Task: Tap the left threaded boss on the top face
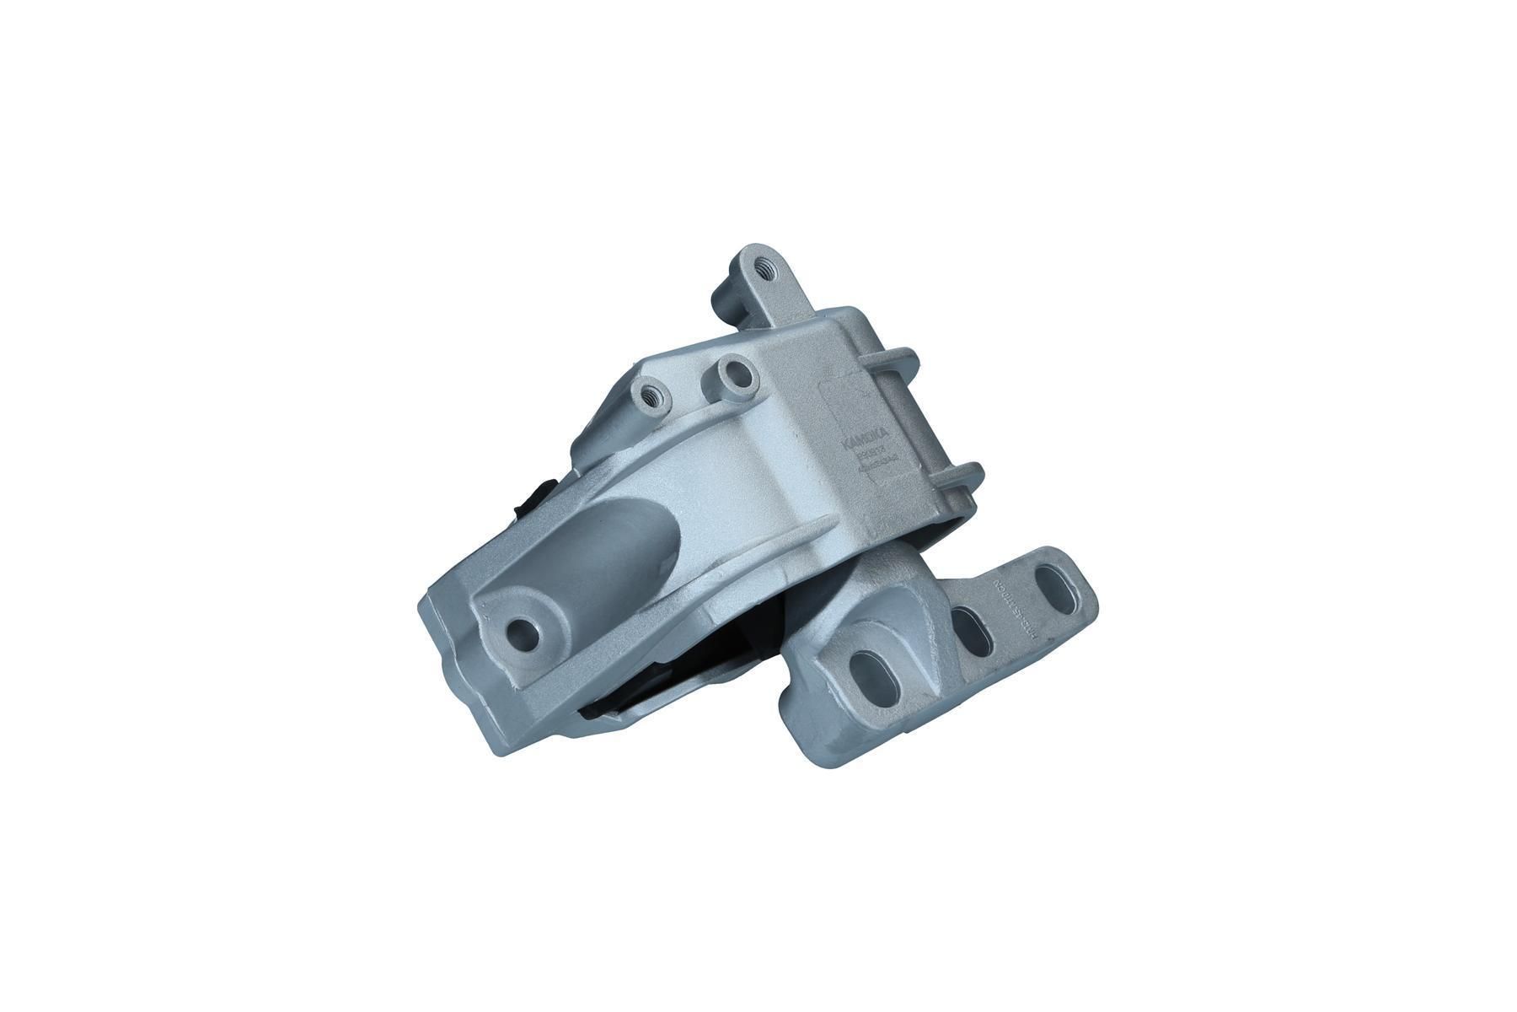point(651,391)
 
